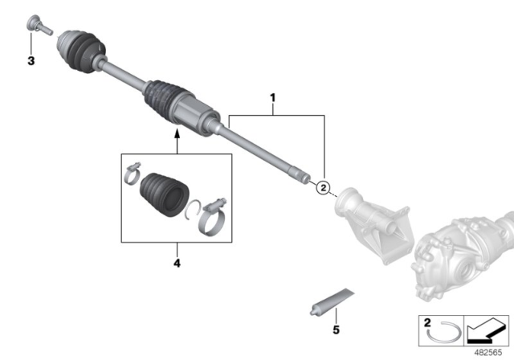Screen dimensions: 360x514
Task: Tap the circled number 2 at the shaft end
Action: click(x=323, y=189)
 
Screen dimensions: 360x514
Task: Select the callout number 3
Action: click(x=31, y=61)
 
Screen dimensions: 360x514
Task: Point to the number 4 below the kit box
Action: click(x=177, y=263)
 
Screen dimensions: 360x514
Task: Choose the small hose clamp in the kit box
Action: click(x=133, y=172)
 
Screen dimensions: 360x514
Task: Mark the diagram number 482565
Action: click(x=488, y=352)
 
